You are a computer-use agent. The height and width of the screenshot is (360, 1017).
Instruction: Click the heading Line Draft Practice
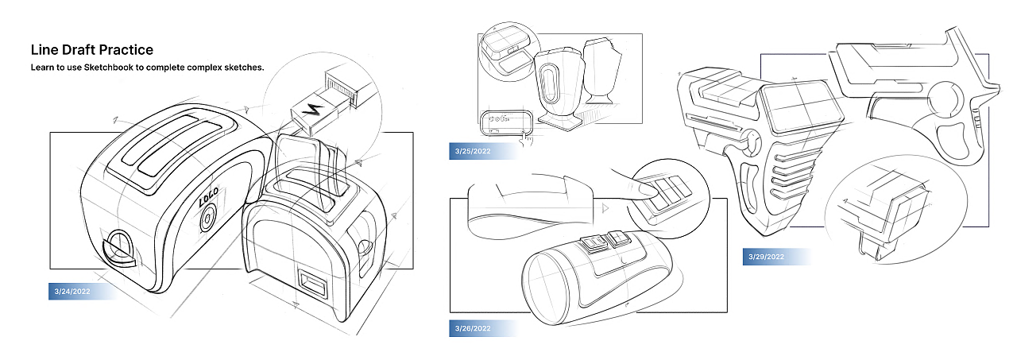(92, 49)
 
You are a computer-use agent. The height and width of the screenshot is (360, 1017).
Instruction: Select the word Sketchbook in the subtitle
(109, 68)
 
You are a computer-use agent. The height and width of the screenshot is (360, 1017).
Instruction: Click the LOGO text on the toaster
(208, 196)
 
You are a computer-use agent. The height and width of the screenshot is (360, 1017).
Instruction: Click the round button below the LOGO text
(207, 219)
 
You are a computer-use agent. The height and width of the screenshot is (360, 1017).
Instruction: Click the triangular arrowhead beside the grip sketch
(605, 208)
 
